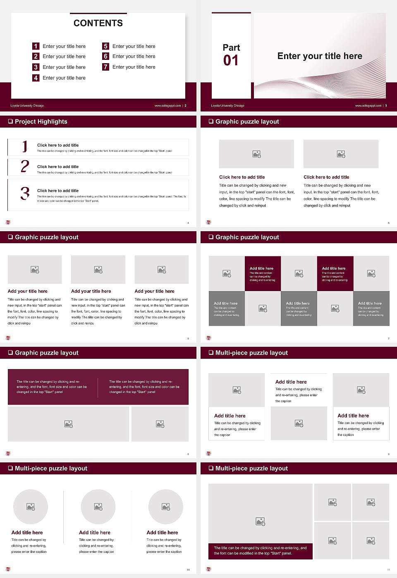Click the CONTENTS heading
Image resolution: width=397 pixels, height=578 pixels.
[98, 23]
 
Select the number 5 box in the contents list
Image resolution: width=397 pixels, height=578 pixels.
[105, 46]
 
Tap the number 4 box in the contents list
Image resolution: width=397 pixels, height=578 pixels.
[36, 78]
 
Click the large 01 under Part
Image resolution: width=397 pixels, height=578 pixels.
[231, 61]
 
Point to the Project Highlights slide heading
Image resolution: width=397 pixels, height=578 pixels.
[41, 122]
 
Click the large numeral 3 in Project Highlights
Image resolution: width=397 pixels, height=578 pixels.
[25, 193]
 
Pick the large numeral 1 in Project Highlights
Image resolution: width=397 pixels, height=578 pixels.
[25, 147]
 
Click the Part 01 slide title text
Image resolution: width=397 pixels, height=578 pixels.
[320, 56]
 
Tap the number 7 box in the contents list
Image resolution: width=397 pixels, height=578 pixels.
[105, 67]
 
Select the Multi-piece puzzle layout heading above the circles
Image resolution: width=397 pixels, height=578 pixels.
[51, 469]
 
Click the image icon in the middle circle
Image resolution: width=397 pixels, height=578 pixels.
[98, 507]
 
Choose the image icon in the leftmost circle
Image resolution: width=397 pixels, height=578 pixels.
[31, 507]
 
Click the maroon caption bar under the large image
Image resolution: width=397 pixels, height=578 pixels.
[260, 551]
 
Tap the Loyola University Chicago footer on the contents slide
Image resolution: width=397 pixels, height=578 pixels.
[27, 106]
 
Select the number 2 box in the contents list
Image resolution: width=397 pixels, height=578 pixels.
[36, 57]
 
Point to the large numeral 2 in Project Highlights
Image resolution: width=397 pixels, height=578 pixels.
[25, 166]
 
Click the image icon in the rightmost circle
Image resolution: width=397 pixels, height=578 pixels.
[166, 507]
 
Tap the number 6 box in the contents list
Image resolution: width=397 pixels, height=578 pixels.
[105, 57]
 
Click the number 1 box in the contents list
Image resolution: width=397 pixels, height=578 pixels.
[36, 46]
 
